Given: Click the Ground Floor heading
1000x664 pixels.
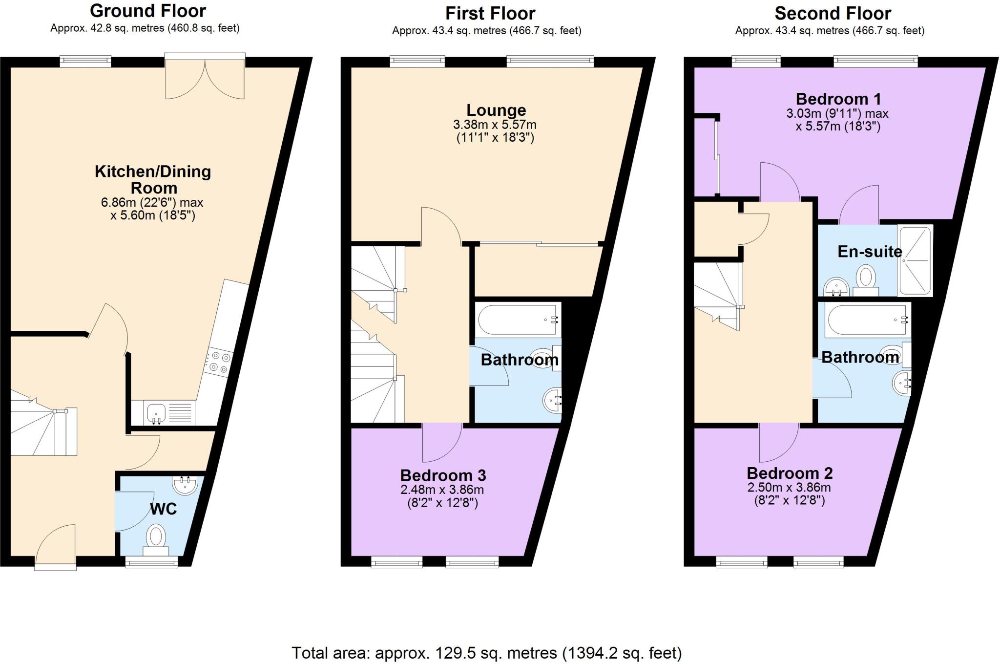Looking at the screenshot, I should coord(147,10).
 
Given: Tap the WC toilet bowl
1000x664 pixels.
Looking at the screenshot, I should coord(156,536).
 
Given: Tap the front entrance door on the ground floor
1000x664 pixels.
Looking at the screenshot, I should coord(56,546).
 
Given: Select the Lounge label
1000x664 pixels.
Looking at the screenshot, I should coord(496,110).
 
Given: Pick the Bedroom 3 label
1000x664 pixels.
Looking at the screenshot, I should coord(443,475).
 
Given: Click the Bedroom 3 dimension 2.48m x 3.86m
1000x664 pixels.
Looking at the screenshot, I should coord(442,490).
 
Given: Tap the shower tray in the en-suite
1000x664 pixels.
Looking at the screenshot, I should coord(916,260).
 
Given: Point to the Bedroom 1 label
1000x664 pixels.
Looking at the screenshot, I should coord(838,99).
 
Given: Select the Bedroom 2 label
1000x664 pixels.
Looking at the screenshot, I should coord(790,473).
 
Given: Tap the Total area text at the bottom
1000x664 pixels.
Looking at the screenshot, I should coord(486,653).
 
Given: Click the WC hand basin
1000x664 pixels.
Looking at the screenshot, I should coord(185,485).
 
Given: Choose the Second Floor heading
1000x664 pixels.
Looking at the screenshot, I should coord(833,13).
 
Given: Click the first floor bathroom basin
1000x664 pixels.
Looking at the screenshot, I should coord(552,400).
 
